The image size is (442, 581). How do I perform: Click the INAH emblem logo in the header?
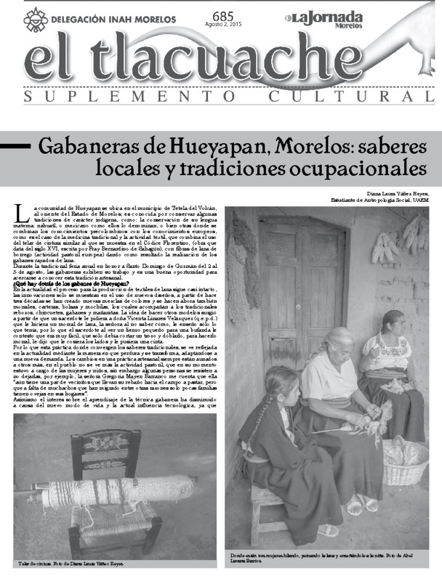[36, 20]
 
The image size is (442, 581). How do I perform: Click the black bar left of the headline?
[16, 145]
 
